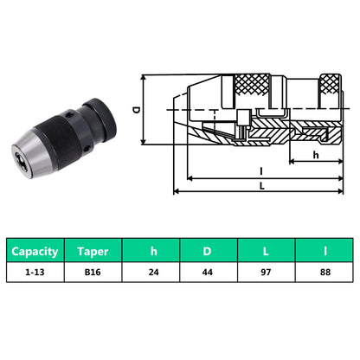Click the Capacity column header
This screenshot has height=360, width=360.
coord(35,252)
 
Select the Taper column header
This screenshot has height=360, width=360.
coord(93,252)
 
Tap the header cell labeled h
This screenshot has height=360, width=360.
coord(153,252)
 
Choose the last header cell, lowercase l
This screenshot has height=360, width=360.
coord(325,252)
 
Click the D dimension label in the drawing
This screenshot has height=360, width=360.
coord(136,111)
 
